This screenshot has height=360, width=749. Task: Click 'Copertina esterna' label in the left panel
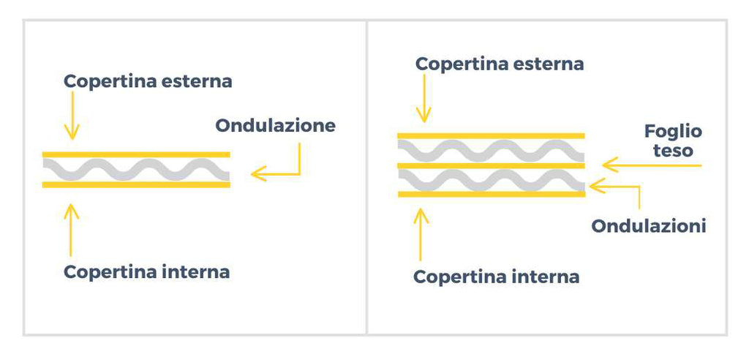click(x=148, y=81)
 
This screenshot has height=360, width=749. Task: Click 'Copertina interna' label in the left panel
click(x=146, y=272)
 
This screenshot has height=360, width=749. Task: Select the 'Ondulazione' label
click(x=275, y=125)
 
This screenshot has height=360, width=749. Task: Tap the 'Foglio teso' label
click(x=673, y=141)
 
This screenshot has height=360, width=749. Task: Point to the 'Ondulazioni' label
click(x=648, y=226)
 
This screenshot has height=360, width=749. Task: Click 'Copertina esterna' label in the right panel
click(x=500, y=64)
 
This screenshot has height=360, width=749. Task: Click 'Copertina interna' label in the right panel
click(x=496, y=277)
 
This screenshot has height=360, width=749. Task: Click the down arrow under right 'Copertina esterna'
click(x=423, y=102)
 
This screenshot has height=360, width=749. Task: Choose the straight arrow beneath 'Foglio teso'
click(x=651, y=165)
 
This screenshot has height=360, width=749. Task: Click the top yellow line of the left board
click(x=136, y=154)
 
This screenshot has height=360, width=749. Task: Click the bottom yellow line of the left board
click(x=136, y=184)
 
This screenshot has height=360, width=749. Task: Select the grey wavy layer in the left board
click(x=136, y=170)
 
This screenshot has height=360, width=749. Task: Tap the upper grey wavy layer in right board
click(x=491, y=151)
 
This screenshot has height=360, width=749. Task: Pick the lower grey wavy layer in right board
click(x=491, y=180)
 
